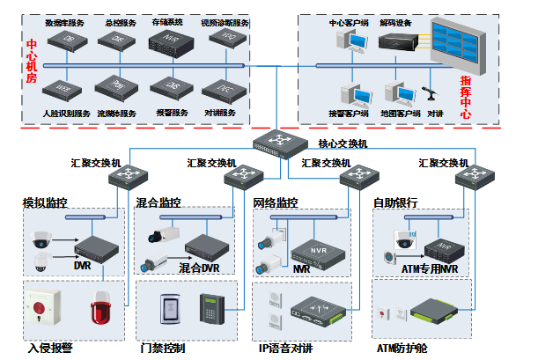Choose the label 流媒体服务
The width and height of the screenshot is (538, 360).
[116, 114]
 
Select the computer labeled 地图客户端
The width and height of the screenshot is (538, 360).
[396, 94]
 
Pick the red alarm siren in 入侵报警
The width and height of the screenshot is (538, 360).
[97, 310]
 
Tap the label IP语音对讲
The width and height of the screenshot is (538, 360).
[285, 349]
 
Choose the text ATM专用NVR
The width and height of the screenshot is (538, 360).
[430, 268]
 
